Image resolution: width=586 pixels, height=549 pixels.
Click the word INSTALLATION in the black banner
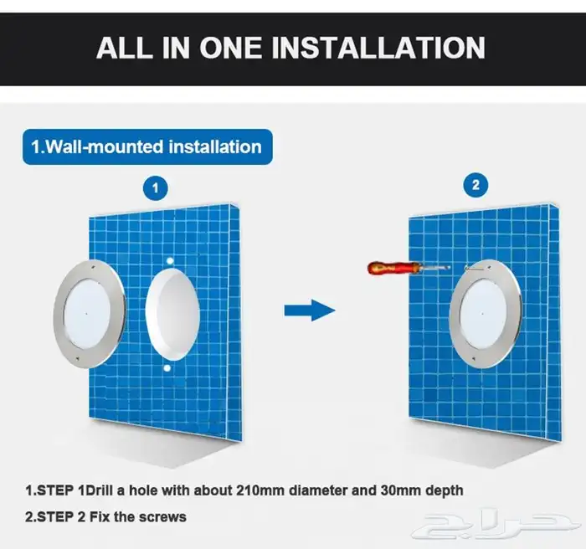click(x=378, y=48)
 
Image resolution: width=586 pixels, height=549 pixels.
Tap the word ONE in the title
click(x=230, y=48)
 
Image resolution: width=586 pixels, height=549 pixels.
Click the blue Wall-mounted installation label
click(x=147, y=146)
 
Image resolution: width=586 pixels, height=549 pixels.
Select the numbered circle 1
click(x=156, y=188)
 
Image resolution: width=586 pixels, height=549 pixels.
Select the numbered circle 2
click(x=475, y=185)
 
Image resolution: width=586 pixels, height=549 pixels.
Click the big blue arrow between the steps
click(x=310, y=310)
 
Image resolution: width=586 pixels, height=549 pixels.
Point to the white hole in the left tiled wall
click(x=172, y=315)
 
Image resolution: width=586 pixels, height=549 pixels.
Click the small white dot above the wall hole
click(x=170, y=260)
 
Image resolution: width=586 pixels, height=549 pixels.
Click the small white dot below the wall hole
click(x=167, y=368)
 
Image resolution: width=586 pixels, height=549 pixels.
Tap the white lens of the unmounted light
click(x=87, y=313)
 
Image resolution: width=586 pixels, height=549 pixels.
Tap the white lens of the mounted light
click(x=482, y=313)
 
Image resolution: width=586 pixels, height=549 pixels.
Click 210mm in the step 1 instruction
click(x=260, y=490)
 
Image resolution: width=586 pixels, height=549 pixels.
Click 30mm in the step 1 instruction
click(x=401, y=490)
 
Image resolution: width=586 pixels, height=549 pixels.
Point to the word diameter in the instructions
click(x=319, y=490)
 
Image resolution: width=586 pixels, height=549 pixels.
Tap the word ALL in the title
click(x=125, y=48)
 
